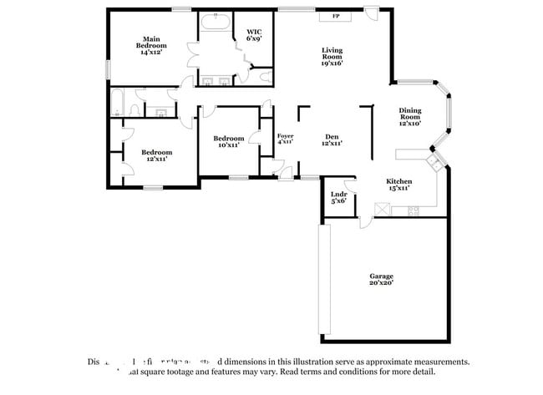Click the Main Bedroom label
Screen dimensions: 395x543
(151, 45)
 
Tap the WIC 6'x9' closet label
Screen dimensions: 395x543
(254, 36)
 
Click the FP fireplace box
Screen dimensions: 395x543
(336, 16)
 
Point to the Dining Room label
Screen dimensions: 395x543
(409, 116)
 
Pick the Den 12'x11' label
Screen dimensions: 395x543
(332, 140)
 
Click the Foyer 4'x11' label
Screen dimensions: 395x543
(286, 139)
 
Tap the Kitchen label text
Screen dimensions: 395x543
(398, 185)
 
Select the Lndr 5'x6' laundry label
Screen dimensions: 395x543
(338, 197)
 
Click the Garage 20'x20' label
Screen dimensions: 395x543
(382, 279)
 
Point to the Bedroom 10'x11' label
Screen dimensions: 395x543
(228, 141)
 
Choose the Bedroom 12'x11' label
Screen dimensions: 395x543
(156, 155)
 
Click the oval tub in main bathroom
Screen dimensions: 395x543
(216, 23)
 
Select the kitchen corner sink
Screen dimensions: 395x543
(433, 160)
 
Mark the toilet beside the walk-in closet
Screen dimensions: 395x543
(266, 78)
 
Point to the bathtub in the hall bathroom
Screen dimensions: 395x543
(118, 103)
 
